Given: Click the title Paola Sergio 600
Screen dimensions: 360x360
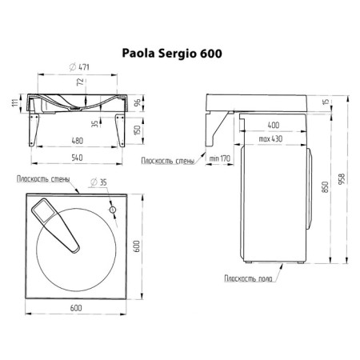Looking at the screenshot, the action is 172,54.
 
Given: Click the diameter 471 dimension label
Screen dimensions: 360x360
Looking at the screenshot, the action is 79,67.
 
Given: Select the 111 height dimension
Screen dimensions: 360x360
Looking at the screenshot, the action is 15,102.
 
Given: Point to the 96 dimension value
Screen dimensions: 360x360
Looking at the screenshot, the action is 137,102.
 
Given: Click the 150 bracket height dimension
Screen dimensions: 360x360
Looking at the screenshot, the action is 137,130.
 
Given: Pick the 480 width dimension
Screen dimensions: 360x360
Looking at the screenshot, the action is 77,141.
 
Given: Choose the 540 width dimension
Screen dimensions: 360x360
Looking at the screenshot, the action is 77,158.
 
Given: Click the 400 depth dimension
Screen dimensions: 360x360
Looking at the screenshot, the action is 274,125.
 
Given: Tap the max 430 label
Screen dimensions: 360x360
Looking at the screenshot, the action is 270,139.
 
